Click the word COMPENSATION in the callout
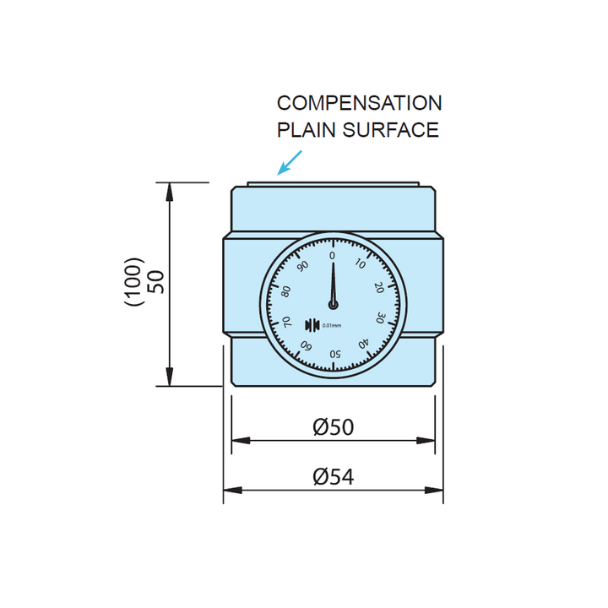pyautogui.click(x=359, y=103)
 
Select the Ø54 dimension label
pyautogui.click(x=333, y=477)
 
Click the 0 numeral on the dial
pyautogui.click(x=332, y=255)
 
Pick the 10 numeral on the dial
pyautogui.click(x=361, y=264)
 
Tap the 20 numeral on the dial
pyautogui.click(x=379, y=288)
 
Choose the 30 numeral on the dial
pyautogui.click(x=380, y=319)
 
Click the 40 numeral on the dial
pyautogui.click(x=363, y=344)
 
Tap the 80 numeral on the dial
pyautogui.click(x=286, y=290)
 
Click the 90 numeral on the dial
pyautogui.click(x=302, y=265)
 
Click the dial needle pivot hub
pyautogui.click(x=334, y=305)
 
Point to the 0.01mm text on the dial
pyautogui.click(x=331, y=326)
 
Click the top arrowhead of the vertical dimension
pyautogui.click(x=171, y=189)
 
